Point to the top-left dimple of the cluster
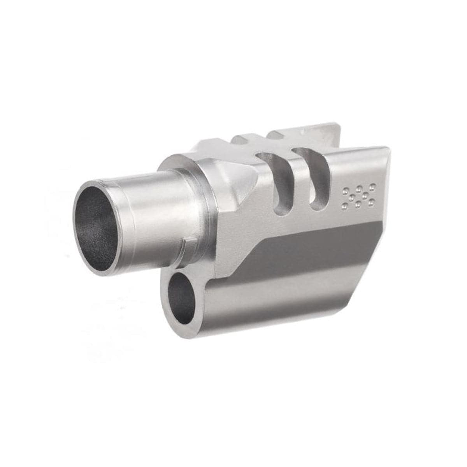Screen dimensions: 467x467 click(346, 191)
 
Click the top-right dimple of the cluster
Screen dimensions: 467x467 click(372, 187)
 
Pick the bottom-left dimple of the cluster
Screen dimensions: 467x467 click(344, 207)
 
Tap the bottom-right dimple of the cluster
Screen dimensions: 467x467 click(371, 202)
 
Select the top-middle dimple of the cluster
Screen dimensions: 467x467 click(359, 189)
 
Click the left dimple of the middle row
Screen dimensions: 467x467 click(352, 198)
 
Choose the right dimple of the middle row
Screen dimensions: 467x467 click(365, 196)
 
